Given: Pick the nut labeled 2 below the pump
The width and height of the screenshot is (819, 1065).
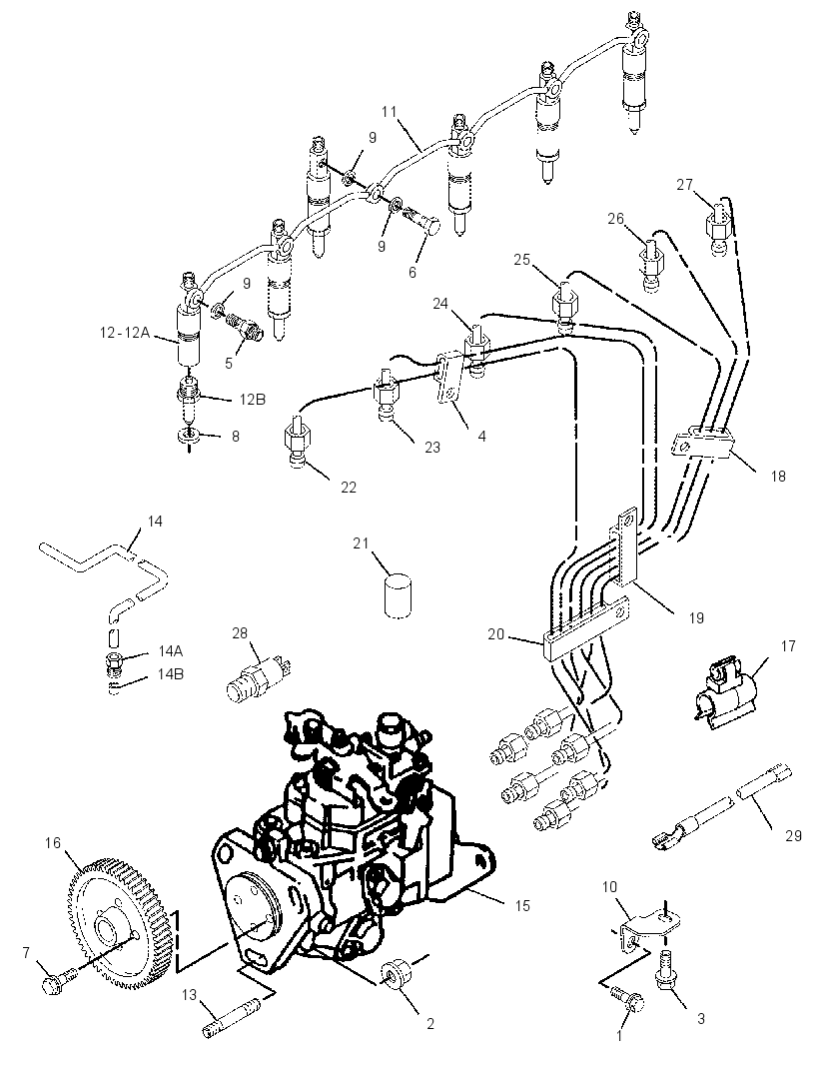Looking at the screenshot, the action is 394,975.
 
